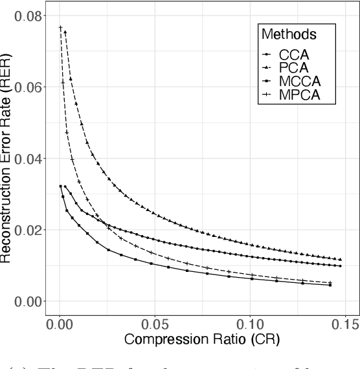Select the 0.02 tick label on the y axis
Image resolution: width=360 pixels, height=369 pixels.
pos(27,230)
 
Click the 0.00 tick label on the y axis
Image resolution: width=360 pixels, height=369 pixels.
pos(27,301)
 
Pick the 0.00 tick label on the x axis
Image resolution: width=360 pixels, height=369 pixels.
pos(60,322)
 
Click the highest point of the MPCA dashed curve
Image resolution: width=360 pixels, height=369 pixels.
pos(60,27)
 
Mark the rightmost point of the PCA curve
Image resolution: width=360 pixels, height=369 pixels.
pos(341,259)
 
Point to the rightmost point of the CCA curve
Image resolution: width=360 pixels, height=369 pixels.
pos(341,265)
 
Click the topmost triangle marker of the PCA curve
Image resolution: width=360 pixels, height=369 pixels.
pos(65,32)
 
